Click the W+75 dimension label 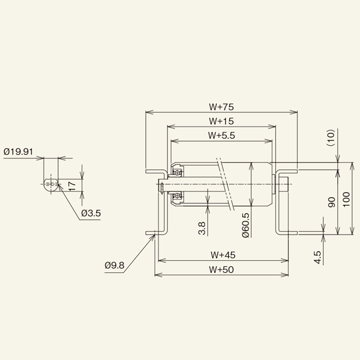tap(221, 107)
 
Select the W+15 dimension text tap(221, 121)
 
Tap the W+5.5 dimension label tap(221, 136)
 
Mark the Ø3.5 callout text tap(91, 212)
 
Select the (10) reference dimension tap(329, 139)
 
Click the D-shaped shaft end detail tap(51, 184)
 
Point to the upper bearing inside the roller tap(178, 172)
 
